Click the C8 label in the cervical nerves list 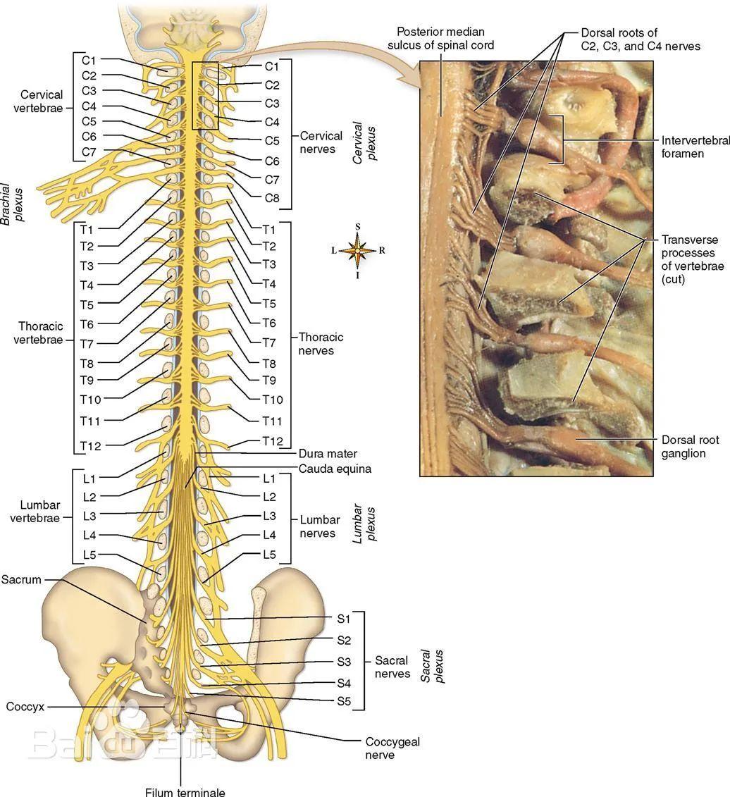pyautogui.click(x=272, y=198)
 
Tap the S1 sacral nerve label pyautogui.click(x=343, y=619)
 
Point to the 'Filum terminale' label pyautogui.click(x=185, y=791)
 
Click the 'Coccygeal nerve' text pyautogui.click(x=392, y=748)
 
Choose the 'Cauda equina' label pyautogui.click(x=335, y=469)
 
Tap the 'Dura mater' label pyautogui.click(x=328, y=454)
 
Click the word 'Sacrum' pyautogui.click(x=21, y=580)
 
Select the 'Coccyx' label pyautogui.click(x=25, y=706)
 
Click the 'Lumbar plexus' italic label pyautogui.click(x=365, y=523)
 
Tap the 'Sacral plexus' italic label pyautogui.click(x=431, y=667)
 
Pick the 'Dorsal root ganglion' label pyautogui.click(x=690, y=446)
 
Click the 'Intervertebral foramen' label pyautogui.click(x=695, y=147)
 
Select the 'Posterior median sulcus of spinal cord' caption pyautogui.click(x=440, y=38)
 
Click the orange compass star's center pyautogui.click(x=358, y=250)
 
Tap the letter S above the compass pyautogui.click(x=358, y=226)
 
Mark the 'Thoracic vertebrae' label pyautogui.click(x=40, y=333)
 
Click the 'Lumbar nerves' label pyautogui.click(x=320, y=526)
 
